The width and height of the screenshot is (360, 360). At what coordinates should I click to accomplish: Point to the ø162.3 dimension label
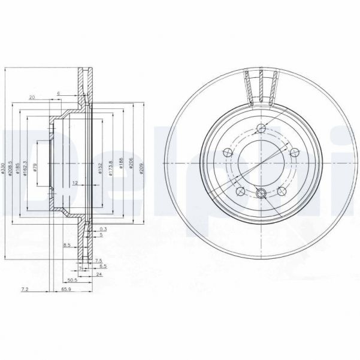tap(27, 170)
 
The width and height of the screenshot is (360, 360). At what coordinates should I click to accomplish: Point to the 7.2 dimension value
tap(25, 289)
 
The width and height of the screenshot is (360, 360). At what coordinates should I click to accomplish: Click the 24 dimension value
tap(98, 274)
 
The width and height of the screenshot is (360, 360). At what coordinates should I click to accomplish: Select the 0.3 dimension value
tap(103, 229)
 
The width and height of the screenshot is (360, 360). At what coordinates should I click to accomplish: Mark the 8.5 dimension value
tap(66, 244)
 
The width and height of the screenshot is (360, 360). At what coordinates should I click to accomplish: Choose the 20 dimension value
tap(31, 98)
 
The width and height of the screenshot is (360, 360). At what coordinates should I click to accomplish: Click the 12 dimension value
tap(75, 181)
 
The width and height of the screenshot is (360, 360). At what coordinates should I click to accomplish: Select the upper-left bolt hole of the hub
tap(226, 152)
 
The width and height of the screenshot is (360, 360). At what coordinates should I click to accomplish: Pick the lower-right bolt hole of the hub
tap(282, 191)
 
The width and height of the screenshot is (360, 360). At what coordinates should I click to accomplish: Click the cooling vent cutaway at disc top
tap(261, 84)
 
